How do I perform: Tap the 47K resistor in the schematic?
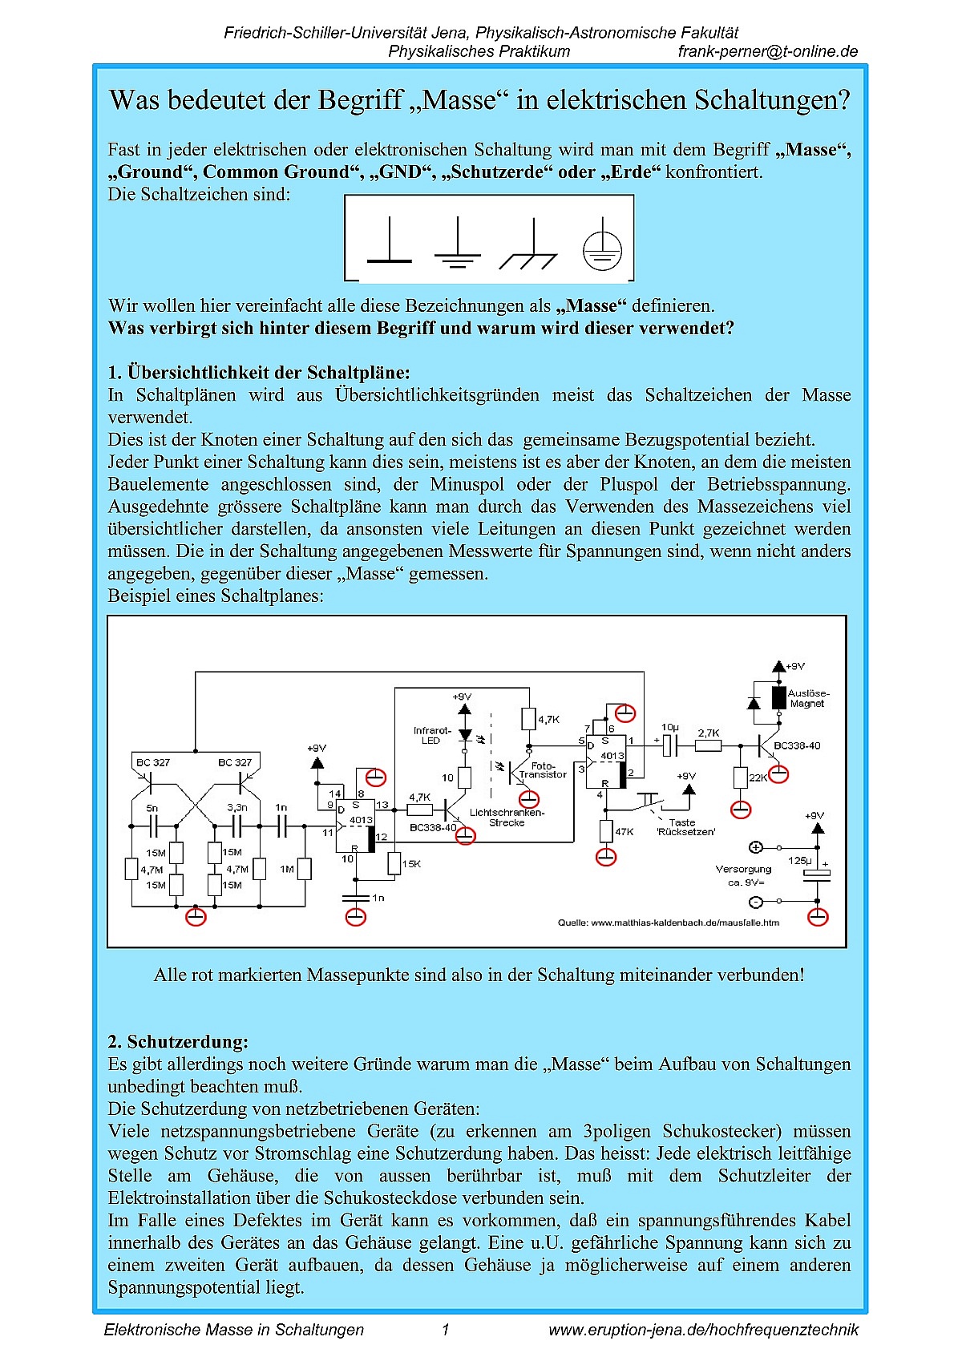coord(607,831)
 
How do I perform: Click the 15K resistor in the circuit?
coord(394,863)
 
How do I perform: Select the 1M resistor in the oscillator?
coord(304,869)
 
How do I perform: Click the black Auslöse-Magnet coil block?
coord(778,697)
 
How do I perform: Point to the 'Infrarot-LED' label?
coord(432,735)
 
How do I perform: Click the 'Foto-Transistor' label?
coord(543,770)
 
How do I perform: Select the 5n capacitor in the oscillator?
coord(153,826)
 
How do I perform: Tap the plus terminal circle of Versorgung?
coord(755,847)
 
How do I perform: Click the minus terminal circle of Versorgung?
coord(755,902)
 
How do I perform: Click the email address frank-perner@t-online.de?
coord(767,52)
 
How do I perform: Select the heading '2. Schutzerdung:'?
coord(178,1042)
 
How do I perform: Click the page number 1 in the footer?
coord(446,1330)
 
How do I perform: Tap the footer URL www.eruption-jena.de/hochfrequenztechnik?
coord(703,1330)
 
